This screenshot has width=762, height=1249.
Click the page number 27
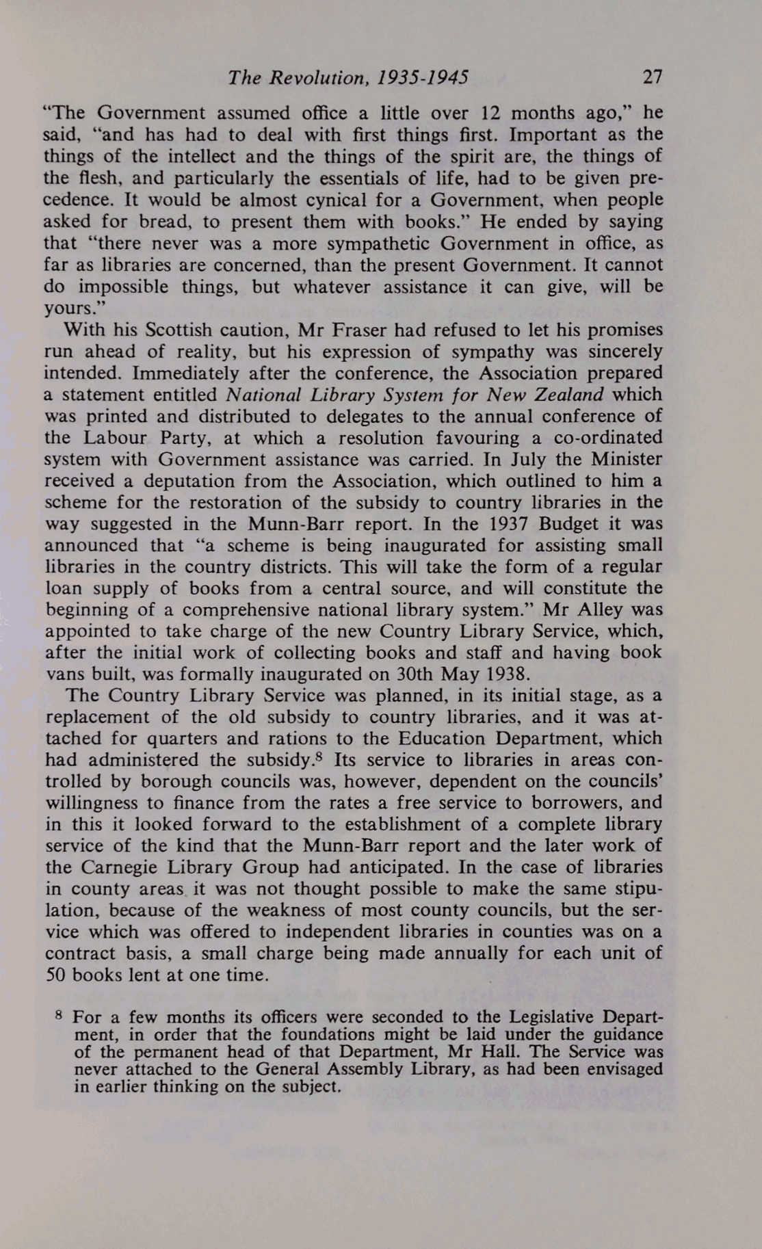pos(653,77)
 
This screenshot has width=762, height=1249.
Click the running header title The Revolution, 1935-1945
pos(348,77)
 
